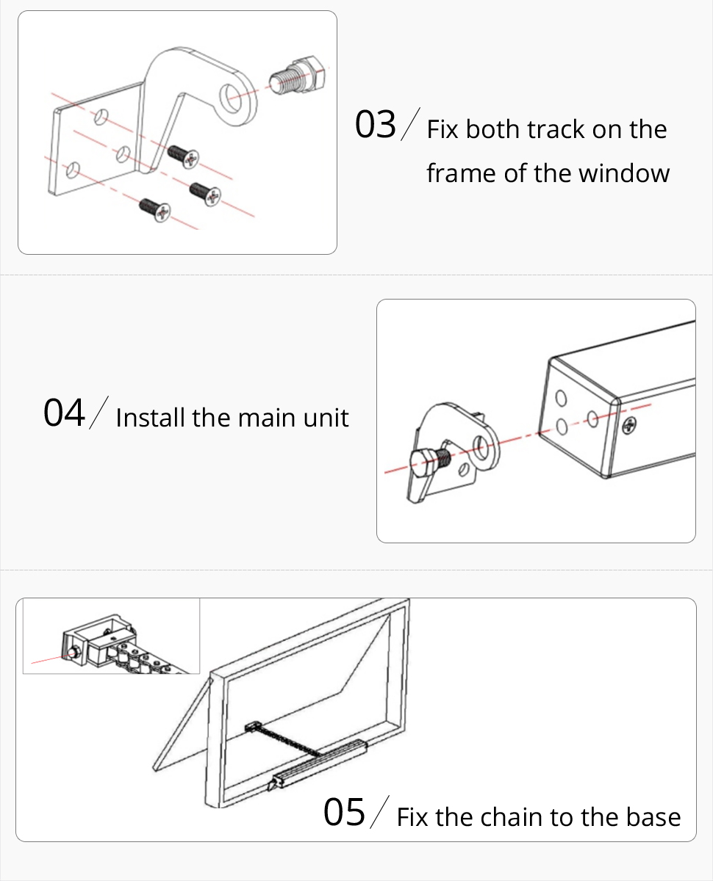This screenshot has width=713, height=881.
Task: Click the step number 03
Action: point(375,124)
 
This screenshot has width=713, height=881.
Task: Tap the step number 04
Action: point(64,413)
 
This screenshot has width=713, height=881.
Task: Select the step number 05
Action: point(344,812)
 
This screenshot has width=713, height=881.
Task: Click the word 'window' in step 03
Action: point(624,173)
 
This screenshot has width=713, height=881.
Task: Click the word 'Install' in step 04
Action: point(150,417)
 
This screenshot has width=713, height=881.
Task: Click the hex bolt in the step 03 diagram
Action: point(297,76)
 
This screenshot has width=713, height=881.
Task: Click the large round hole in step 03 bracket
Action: point(230,98)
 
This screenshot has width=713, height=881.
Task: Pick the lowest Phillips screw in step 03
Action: point(154,210)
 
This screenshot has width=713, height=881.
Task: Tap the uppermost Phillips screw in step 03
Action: point(182,156)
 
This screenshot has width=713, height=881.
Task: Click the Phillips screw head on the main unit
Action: point(629,425)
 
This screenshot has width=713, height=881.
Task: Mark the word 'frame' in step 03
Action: point(462,173)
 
